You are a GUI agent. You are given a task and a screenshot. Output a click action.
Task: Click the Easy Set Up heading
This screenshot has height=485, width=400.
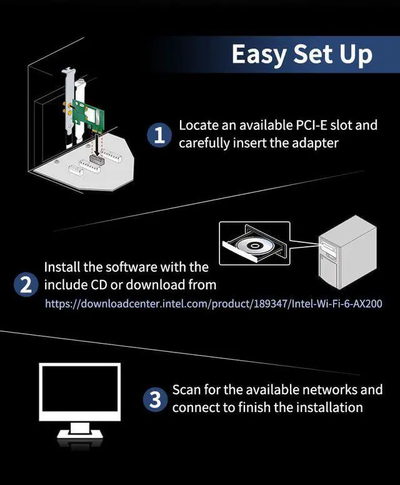(x=302, y=54)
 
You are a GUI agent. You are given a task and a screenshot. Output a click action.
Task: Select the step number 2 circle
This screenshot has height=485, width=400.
(x=26, y=285)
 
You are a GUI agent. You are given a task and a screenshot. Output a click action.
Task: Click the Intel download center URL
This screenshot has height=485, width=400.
(x=213, y=304)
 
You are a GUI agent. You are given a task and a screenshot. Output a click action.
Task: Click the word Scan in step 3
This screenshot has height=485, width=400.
(x=186, y=390)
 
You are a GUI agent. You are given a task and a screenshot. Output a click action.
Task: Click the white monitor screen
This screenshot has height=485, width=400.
(x=79, y=392)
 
